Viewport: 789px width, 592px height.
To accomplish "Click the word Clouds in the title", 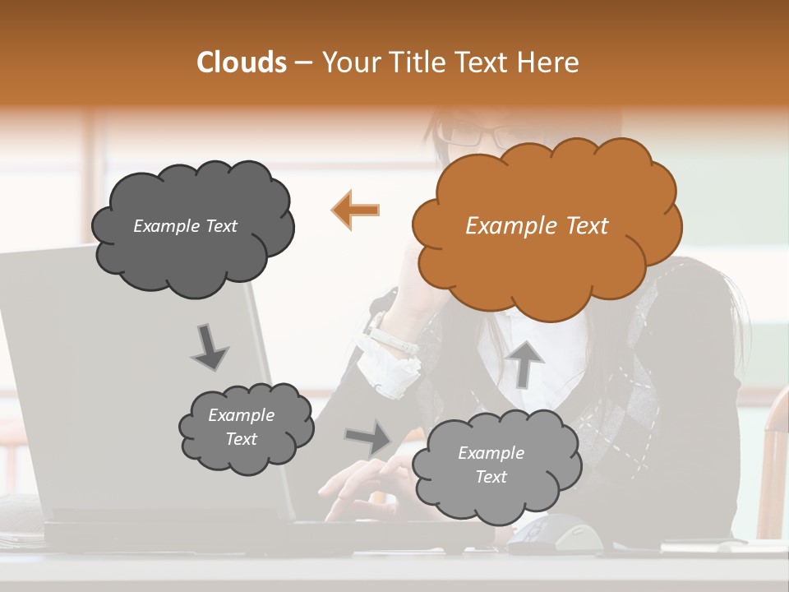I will coord(241,62).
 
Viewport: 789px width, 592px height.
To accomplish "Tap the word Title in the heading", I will coord(418,62).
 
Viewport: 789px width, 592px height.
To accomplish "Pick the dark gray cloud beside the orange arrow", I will coord(191,226).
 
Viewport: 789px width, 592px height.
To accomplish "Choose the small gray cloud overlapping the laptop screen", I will coord(245,427).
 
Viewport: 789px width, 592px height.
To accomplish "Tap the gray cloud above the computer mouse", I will coord(495,465).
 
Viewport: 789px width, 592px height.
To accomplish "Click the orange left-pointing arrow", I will coord(356,210).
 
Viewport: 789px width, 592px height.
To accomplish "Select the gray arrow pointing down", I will coord(210,346).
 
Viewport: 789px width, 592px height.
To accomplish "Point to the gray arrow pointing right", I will coord(369,437).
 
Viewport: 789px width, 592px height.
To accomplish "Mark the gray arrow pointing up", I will coord(525,363).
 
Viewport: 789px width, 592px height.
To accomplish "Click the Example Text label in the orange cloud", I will coord(537,226).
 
